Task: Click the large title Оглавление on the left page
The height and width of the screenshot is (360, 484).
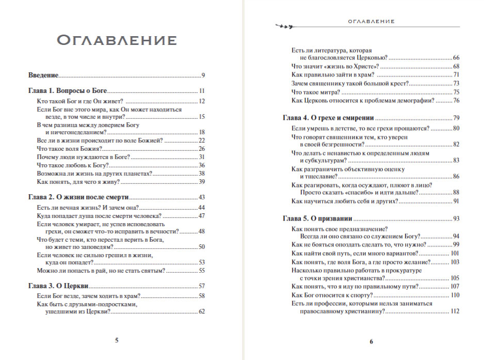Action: tap(116, 40)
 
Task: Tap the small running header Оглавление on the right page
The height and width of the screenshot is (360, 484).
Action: tap(371, 22)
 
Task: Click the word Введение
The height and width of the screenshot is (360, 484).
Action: tap(43, 75)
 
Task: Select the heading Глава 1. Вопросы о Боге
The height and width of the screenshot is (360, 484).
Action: tap(67, 91)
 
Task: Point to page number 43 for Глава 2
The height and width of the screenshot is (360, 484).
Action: tap(202, 198)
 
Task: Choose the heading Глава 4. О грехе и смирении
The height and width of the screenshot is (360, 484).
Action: tap(328, 118)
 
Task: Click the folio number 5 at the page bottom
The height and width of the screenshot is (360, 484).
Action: tap(117, 340)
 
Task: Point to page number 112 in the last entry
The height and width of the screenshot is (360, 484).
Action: tap(455, 311)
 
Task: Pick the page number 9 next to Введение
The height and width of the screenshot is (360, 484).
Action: tap(204, 75)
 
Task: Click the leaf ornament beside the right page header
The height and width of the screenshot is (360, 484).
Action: tap(285, 24)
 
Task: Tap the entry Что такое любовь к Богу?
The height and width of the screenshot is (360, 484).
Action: tap(73, 165)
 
